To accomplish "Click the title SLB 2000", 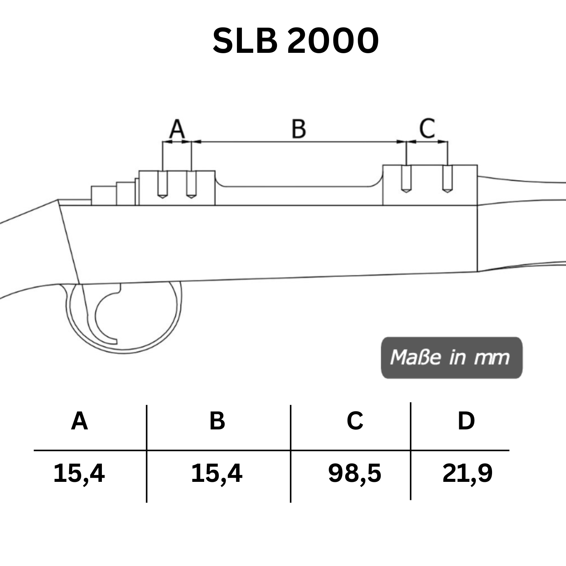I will click(295, 41).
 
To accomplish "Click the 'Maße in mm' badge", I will click(451, 357).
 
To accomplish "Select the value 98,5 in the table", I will click(355, 473).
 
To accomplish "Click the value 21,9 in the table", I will click(467, 473).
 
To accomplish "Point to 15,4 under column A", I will click(79, 473).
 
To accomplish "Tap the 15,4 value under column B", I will click(217, 473).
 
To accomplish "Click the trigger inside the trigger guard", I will click(106, 317).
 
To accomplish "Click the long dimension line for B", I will click(298, 142).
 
